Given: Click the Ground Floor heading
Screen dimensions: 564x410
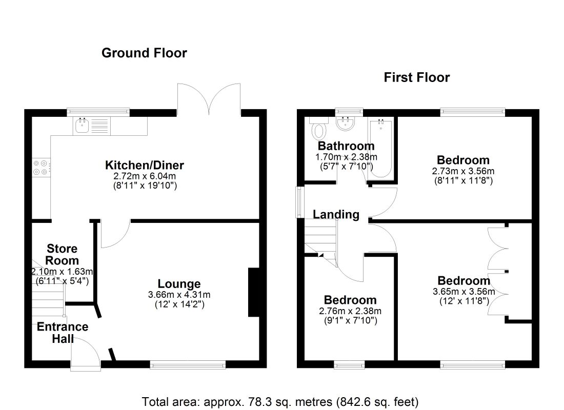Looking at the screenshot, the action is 144,53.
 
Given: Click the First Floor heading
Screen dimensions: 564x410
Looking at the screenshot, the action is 417,77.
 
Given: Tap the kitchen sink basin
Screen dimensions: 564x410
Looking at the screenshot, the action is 83,126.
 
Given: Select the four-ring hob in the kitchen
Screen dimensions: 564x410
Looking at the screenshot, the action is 42,168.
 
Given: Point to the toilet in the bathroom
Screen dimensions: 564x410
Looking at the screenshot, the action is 318,129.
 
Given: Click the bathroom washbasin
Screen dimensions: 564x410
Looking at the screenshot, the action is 346,124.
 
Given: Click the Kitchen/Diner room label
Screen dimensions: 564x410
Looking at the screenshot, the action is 145,165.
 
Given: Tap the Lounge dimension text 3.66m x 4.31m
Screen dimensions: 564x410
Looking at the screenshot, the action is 179,295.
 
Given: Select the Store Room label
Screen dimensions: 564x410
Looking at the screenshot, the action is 62,254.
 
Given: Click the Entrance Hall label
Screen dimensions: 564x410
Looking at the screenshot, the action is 63,332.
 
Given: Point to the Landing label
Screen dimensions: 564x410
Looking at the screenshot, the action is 336,214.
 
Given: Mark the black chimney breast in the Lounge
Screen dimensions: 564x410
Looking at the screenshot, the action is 254,293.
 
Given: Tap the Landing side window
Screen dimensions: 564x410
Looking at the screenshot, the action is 299,202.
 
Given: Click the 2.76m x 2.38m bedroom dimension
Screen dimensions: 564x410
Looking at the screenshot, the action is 350,311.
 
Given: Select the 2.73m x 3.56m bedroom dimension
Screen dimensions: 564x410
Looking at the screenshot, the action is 464,171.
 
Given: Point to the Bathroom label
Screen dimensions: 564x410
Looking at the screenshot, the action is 346,146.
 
